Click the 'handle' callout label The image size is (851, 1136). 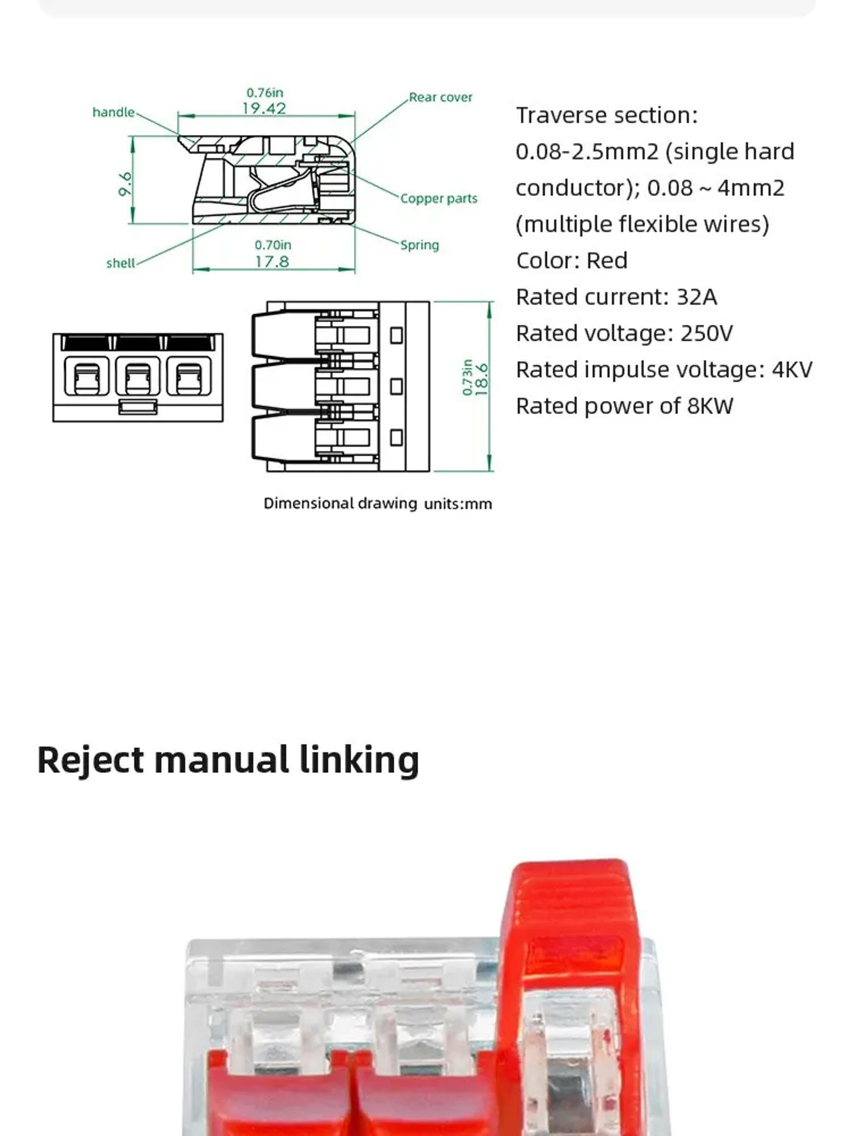click(113, 112)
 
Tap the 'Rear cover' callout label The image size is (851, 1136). click(440, 97)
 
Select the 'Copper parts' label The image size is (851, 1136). click(438, 198)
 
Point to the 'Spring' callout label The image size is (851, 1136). click(419, 245)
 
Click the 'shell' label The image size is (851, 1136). click(120, 263)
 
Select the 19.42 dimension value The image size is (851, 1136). click(264, 108)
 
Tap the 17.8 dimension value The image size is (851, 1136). click(272, 262)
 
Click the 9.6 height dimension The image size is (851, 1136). click(125, 184)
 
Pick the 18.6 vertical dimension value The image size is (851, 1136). click(481, 380)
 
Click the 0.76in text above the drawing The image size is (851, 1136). click(264, 92)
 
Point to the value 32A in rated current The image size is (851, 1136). click(697, 297)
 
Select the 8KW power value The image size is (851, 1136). click(710, 406)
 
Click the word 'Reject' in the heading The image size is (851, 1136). click(91, 761)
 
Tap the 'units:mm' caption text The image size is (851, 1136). click(458, 504)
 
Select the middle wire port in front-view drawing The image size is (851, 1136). click(138, 377)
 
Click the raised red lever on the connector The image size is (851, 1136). click(568, 913)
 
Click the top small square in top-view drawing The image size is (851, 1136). click(396, 335)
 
